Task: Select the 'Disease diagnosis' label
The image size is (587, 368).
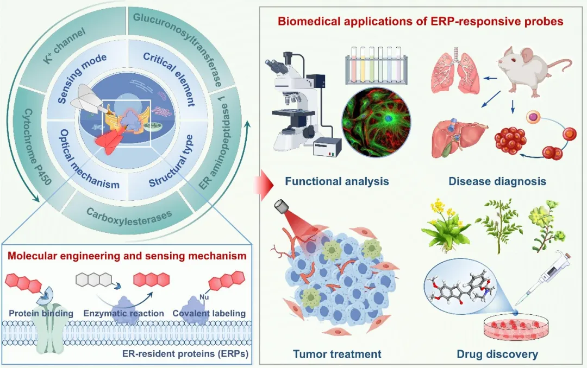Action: [x=497, y=181]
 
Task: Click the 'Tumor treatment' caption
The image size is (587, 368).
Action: [x=337, y=354]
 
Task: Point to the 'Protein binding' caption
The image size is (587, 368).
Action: [x=41, y=313]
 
